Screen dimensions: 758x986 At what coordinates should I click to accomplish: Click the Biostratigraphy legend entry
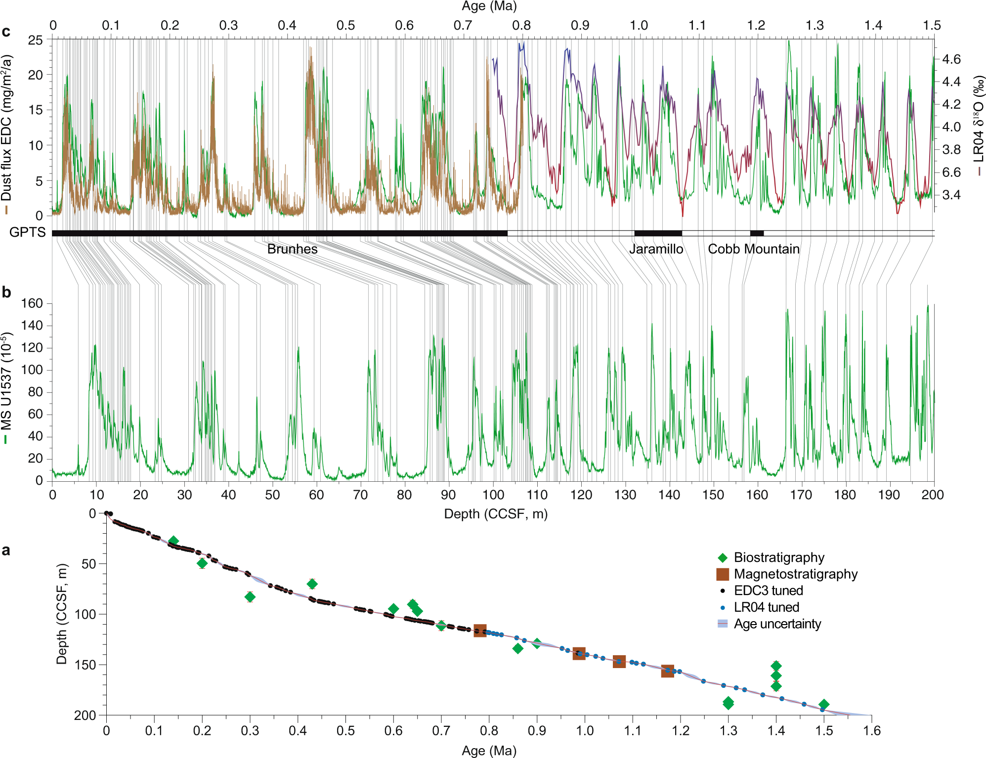[x=778, y=557]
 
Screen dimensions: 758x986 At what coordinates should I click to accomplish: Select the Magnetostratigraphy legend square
[x=723, y=574]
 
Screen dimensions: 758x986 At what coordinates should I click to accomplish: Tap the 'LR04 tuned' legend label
[x=766, y=607]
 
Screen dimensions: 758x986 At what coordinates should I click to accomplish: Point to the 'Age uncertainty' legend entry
[x=777, y=624]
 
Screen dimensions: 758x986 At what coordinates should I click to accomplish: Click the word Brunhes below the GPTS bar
[x=292, y=249]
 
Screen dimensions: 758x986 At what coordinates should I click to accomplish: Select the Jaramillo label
[x=656, y=249]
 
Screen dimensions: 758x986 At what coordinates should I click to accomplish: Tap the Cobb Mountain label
[x=753, y=249]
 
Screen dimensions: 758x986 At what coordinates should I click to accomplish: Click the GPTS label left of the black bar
[x=27, y=232]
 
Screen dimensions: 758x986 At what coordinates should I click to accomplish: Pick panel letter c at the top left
[x=6, y=32]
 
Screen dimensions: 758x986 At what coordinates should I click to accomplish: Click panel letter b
[x=6, y=293]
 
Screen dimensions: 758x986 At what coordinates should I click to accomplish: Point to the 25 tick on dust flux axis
[x=36, y=40]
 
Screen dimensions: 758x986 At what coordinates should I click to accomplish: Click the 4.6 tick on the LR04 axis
[x=951, y=59]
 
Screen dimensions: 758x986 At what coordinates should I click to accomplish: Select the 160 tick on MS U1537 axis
[x=32, y=303]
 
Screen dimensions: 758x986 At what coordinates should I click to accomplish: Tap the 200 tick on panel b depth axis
[x=932, y=495]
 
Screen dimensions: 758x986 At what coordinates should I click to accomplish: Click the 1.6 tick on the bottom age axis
[x=872, y=730]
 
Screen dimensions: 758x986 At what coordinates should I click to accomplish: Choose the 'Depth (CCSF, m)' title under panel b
[x=495, y=514]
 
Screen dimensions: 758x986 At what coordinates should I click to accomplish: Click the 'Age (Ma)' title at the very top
[x=489, y=6]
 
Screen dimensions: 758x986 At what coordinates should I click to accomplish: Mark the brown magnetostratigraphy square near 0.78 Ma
[x=480, y=631]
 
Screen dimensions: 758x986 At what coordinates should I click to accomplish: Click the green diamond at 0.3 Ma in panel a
[x=250, y=597]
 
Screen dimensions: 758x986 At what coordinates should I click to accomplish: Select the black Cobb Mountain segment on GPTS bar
[x=757, y=233]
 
